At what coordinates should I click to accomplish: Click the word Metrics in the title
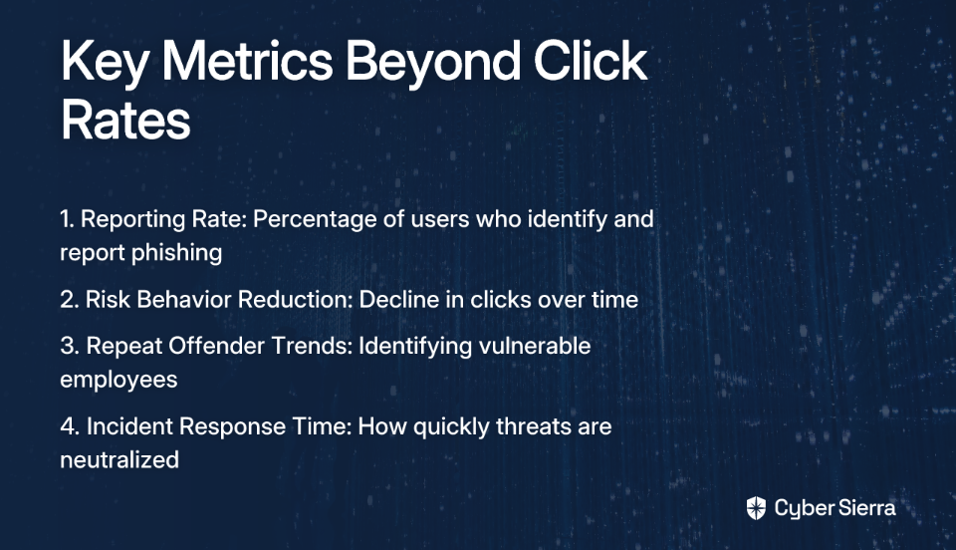point(247,61)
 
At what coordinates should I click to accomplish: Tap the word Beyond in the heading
point(433,65)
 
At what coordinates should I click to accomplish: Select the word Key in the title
point(105,65)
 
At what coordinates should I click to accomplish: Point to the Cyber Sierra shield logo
point(756,508)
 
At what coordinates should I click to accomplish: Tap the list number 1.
point(67,219)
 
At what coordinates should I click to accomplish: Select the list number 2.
point(69,299)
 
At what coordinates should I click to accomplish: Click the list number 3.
point(70,346)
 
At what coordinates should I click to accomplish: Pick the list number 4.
point(70,426)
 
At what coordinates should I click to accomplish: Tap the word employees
point(119,381)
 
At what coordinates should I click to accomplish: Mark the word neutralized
point(119,459)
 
